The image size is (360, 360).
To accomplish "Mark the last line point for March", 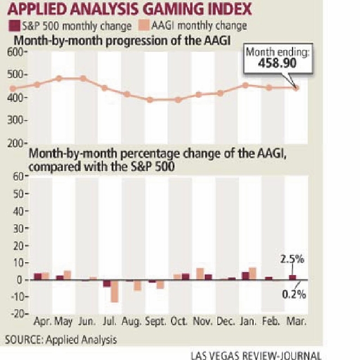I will (x=297, y=88).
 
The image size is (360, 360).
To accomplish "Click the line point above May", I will (x=60, y=78).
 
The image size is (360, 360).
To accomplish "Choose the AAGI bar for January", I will (x=253, y=273).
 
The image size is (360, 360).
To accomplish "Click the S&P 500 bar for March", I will (x=292, y=277).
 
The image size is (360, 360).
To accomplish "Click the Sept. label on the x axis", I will (x=156, y=322).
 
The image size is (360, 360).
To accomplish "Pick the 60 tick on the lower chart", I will (x=19, y=176).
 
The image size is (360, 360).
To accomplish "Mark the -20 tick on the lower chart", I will (x=17, y=314).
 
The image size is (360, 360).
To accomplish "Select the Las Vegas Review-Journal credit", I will (x=256, y=355).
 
